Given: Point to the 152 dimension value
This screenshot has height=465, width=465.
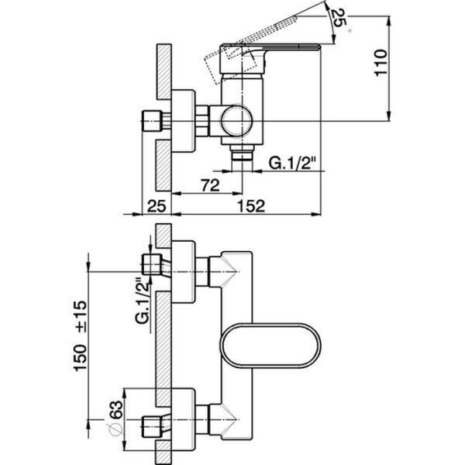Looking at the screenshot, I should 250,205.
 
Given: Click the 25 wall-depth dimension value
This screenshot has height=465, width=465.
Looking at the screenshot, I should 157,205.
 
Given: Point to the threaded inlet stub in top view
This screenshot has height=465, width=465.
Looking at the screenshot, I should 153,121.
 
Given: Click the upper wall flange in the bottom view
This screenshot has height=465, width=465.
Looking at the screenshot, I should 183,270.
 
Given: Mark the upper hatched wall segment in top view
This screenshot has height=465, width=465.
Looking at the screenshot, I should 163,74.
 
